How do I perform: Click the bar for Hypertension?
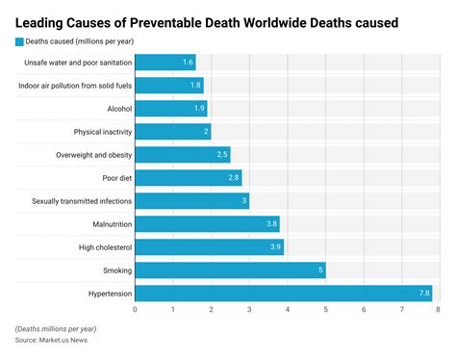[283, 293]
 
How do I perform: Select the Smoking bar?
[230, 270]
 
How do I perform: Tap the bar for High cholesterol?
[209, 247]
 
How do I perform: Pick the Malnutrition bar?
[207, 224]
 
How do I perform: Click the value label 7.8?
[423, 293]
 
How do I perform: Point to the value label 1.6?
[189, 63]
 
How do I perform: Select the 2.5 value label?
[222, 155]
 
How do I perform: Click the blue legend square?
[18, 40]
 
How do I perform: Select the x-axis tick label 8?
[438, 310]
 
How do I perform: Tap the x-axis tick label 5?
[324, 310]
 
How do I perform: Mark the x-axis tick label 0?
[135, 310]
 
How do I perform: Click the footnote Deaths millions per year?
[56, 329]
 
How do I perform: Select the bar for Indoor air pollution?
[168, 86]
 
